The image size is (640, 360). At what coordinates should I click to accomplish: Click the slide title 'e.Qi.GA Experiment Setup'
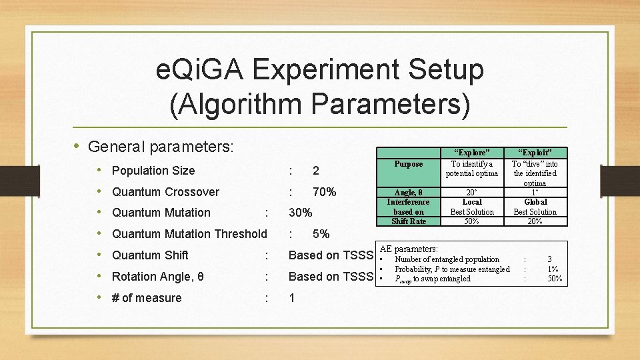pyautogui.click(x=319, y=69)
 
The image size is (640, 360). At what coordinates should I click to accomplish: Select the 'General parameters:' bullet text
pyautogui.click(x=160, y=146)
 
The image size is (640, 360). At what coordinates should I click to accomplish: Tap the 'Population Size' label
pyautogui.click(x=153, y=171)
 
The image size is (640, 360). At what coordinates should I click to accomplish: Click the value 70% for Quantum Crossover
pyautogui.click(x=324, y=192)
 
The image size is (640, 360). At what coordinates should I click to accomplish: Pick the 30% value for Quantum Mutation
pyautogui.click(x=301, y=213)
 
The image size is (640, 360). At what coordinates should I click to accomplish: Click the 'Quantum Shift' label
pyautogui.click(x=150, y=255)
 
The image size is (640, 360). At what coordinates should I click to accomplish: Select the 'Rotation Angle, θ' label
pyautogui.click(x=158, y=277)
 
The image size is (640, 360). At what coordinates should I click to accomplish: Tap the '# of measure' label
pyautogui.click(x=147, y=298)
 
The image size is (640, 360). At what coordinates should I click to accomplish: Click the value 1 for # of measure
pyautogui.click(x=292, y=298)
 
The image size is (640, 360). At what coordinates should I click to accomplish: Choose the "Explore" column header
pyautogui.click(x=472, y=153)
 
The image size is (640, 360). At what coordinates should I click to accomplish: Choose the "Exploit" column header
pyautogui.click(x=535, y=153)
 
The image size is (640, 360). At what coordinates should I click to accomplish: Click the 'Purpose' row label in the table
pyautogui.click(x=408, y=164)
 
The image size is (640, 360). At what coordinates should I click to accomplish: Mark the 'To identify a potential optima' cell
pyautogui.click(x=472, y=169)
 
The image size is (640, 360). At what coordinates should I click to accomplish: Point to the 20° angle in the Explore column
pyautogui.click(x=472, y=192)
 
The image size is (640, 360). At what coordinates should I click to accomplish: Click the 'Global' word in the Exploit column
pyautogui.click(x=535, y=202)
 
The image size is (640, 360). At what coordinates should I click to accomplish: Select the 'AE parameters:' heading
pyautogui.click(x=409, y=249)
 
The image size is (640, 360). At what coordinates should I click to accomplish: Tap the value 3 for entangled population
pyautogui.click(x=549, y=259)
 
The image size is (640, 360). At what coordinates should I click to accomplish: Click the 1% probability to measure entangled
pyautogui.click(x=553, y=269)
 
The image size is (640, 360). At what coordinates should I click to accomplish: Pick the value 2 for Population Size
pyautogui.click(x=315, y=171)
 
